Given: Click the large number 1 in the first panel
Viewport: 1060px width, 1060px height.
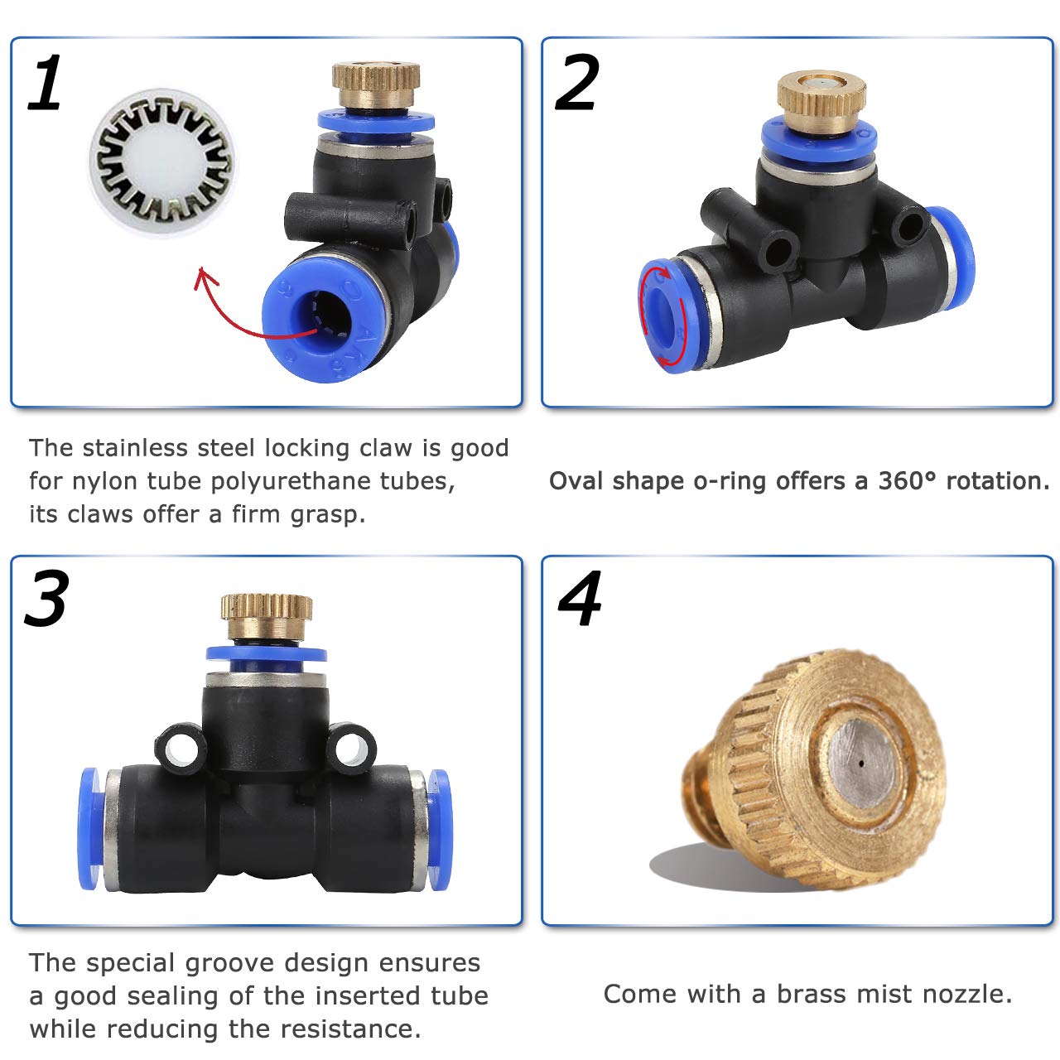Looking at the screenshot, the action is (x=46, y=82).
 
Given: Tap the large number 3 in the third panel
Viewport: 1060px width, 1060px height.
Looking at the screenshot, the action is (x=47, y=598).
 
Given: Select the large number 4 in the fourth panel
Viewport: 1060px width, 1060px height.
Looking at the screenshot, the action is (x=580, y=598).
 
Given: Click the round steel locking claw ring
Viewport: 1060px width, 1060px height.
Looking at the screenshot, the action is (x=163, y=162).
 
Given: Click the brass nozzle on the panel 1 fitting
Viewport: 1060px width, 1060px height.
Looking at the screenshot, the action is (x=376, y=84).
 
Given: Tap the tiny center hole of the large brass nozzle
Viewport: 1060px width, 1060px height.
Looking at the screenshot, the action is (x=861, y=764).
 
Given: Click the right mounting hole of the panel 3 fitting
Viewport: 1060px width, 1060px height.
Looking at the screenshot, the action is (x=352, y=748).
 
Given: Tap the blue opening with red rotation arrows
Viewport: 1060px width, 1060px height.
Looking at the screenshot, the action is (x=662, y=316).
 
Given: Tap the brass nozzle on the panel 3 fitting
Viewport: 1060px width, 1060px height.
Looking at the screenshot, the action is (x=267, y=616).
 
